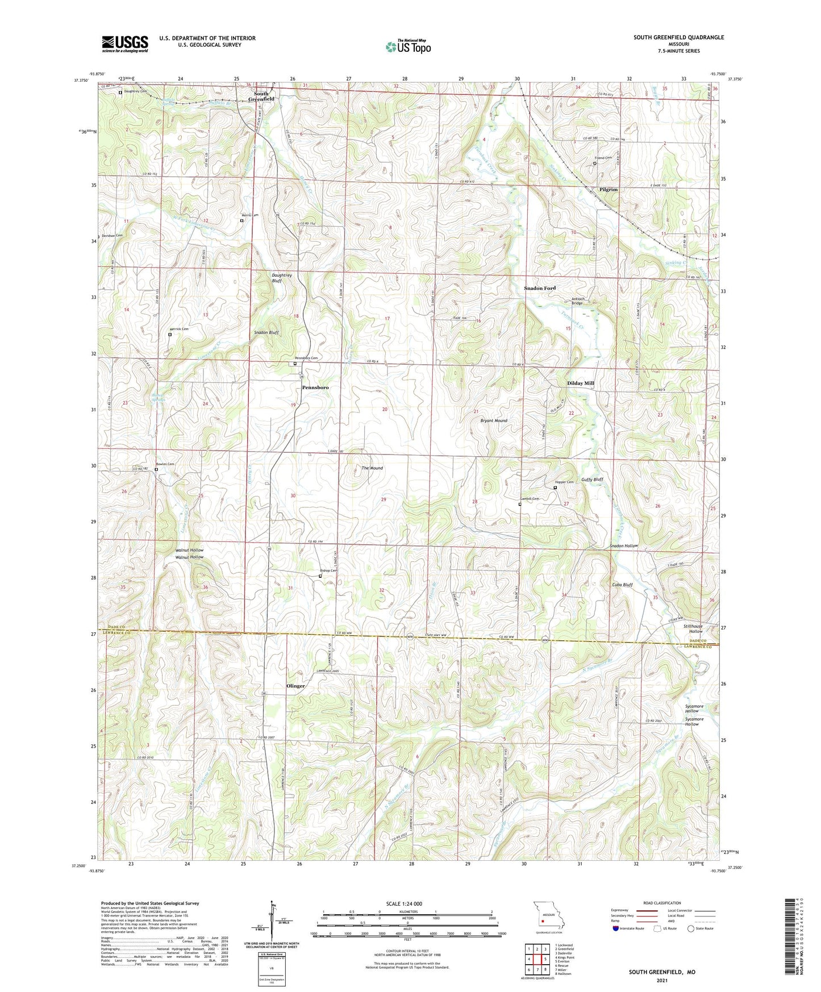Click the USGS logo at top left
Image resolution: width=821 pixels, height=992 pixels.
pyautogui.click(x=125, y=43)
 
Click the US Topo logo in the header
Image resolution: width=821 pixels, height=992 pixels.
pyautogui.click(x=408, y=47)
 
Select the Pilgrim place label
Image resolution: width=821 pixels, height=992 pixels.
pyautogui.click(x=608, y=189)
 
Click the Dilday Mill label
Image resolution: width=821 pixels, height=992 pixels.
pyautogui.click(x=580, y=384)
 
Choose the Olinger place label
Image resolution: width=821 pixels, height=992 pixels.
pyautogui.click(x=295, y=686)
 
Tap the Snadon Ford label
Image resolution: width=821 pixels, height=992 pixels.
pyautogui.click(x=540, y=289)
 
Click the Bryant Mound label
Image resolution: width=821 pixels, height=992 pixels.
pyautogui.click(x=494, y=420)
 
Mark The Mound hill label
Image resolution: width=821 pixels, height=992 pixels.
pyautogui.click(x=372, y=468)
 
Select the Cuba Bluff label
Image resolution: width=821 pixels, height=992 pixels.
pyautogui.click(x=622, y=585)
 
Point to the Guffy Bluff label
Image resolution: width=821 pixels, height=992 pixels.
pyautogui.click(x=592, y=480)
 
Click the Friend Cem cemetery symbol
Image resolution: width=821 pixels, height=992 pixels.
pyautogui.click(x=595, y=164)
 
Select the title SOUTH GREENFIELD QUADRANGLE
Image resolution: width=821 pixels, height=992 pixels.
pyautogui.click(x=678, y=37)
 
